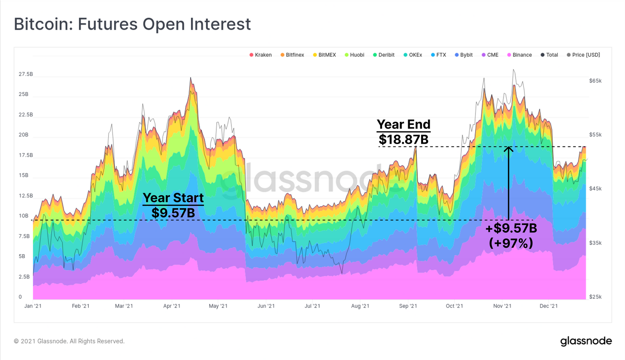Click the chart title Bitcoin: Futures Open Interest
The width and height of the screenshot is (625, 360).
point(132,24)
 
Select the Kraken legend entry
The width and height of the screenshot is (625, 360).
point(261,55)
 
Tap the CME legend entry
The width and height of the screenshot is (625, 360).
point(490,55)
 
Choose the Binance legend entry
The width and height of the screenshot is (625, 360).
point(520,55)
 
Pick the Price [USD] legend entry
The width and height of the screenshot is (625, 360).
point(583,55)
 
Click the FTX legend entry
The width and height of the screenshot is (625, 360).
point(438,55)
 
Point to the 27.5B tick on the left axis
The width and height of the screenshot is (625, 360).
point(26,74)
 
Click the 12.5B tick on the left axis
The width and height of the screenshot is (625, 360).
point(26,196)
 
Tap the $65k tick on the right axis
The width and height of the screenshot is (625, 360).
point(595,81)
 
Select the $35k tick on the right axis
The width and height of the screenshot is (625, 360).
point(595,243)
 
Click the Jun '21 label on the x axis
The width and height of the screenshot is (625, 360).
point(266,306)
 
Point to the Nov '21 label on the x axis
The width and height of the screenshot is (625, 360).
point(502,306)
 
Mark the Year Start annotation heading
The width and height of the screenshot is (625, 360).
point(173,198)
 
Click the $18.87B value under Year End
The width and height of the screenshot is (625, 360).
point(404,139)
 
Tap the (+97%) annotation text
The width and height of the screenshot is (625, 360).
point(511,243)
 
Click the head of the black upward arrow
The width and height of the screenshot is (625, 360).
point(508,148)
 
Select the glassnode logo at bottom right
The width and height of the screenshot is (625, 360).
point(586,341)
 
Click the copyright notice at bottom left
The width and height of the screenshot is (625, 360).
point(69,341)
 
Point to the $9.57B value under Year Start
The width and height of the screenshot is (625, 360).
point(173,213)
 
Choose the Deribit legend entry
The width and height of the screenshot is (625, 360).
point(384,55)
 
